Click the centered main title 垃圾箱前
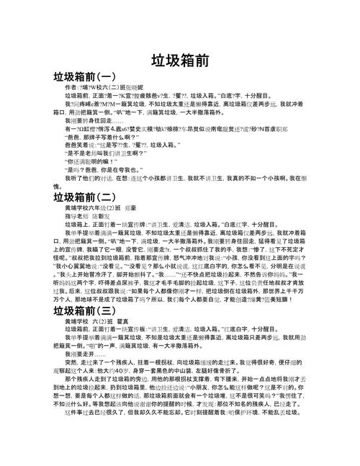pos(181,62)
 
